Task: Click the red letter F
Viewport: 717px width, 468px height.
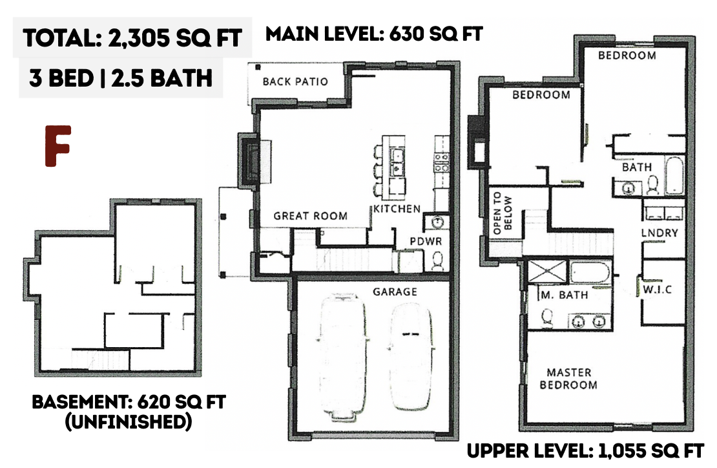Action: click(57, 146)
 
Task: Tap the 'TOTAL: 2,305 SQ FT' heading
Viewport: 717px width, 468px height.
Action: click(132, 37)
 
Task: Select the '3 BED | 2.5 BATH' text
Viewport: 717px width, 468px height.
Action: click(121, 78)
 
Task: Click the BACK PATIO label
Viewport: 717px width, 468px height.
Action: click(295, 82)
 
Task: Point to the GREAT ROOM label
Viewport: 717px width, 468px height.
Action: click(311, 216)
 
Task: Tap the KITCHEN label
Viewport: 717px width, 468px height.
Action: click(397, 209)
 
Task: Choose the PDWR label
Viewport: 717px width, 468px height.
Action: click(426, 241)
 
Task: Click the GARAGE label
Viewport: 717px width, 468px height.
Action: click(395, 292)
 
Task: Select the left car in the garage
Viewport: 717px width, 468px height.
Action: click(342, 356)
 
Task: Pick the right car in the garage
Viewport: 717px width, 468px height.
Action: click(411, 357)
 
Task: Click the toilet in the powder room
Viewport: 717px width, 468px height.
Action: click(437, 261)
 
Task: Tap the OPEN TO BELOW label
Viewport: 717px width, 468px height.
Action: click(502, 213)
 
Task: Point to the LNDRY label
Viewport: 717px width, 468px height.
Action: click(660, 233)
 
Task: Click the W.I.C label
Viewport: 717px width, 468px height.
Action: click(658, 289)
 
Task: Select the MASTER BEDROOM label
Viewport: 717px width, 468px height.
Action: click(568, 379)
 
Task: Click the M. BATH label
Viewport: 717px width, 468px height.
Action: click(565, 295)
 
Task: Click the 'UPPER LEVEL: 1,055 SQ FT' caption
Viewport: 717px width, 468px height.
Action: click(585, 452)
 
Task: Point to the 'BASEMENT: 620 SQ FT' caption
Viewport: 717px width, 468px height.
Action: click(129, 402)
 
